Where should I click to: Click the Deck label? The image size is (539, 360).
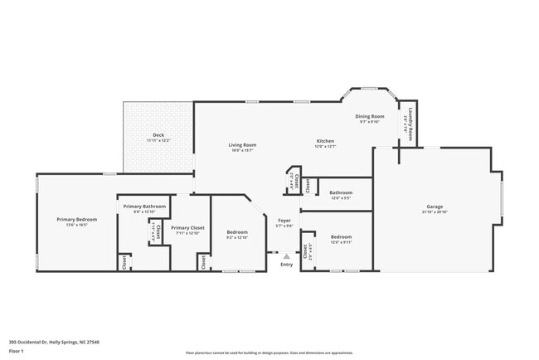click(x=158, y=135)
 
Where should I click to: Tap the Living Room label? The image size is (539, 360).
click(x=242, y=145)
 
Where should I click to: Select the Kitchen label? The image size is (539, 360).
click(x=325, y=141)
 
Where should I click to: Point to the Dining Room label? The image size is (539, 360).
click(x=370, y=116)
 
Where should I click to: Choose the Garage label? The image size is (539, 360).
click(x=435, y=207)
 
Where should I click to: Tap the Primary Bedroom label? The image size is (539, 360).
click(x=76, y=219)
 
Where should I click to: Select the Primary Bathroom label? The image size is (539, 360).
click(x=144, y=206)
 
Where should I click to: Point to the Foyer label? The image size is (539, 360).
click(x=284, y=220)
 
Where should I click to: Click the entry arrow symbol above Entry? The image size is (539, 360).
click(x=287, y=256)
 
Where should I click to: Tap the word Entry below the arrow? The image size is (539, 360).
click(x=287, y=265)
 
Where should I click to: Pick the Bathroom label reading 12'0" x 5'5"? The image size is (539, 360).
click(x=341, y=192)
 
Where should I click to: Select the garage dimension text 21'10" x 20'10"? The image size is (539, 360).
click(x=435, y=212)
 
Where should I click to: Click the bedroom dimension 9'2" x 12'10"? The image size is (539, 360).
click(x=236, y=238)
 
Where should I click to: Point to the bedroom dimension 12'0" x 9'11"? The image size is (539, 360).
click(x=341, y=242)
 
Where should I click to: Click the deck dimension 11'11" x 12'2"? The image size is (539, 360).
click(x=158, y=141)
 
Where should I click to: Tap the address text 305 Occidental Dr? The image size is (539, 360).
click(x=50, y=341)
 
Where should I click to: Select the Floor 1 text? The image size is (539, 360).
click(x=17, y=351)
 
